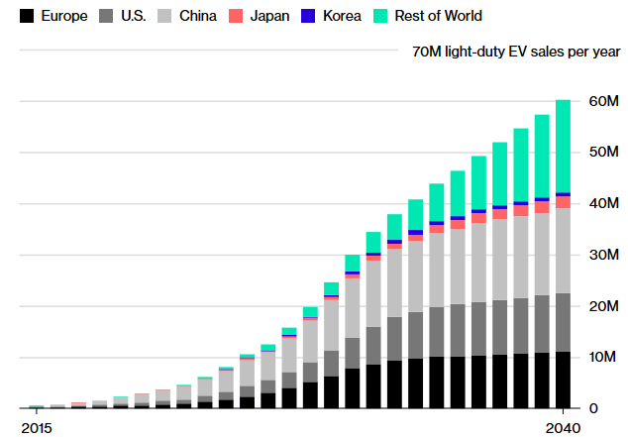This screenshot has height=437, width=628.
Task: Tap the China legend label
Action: (x=198, y=16)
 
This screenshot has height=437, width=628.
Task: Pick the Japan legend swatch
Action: (x=237, y=16)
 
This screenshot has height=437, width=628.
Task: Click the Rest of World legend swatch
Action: (x=380, y=16)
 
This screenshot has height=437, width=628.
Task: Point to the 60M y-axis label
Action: (x=603, y=102)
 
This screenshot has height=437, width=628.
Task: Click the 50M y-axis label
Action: (x=603, y=154)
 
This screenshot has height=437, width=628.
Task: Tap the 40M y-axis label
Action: (x=603, y=204)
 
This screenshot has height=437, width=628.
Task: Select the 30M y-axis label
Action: (x=603, y=256)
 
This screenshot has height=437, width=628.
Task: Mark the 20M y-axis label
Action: (x=603, y=306)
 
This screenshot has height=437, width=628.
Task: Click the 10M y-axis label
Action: (x=603, y=358)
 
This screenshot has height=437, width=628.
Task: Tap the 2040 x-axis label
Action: (x=562, y=427)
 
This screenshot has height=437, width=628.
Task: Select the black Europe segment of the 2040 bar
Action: (x=563, y=380)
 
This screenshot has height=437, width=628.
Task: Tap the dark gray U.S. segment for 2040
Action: (x=563, y=322)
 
